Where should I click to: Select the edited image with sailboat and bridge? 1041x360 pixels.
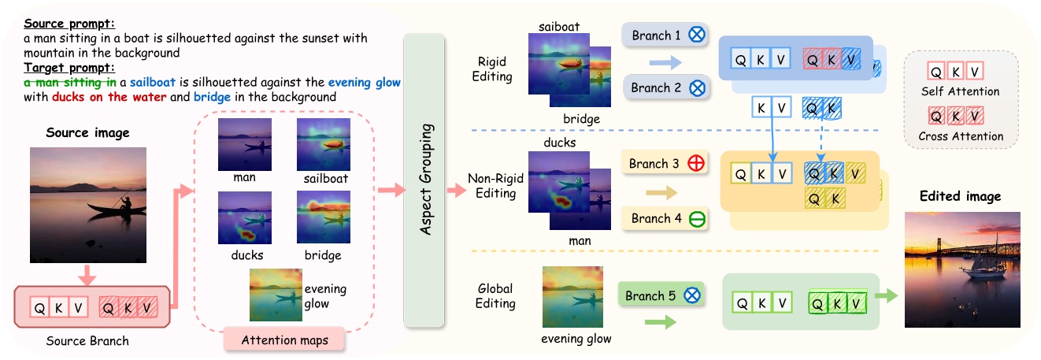tap(962, 269)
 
